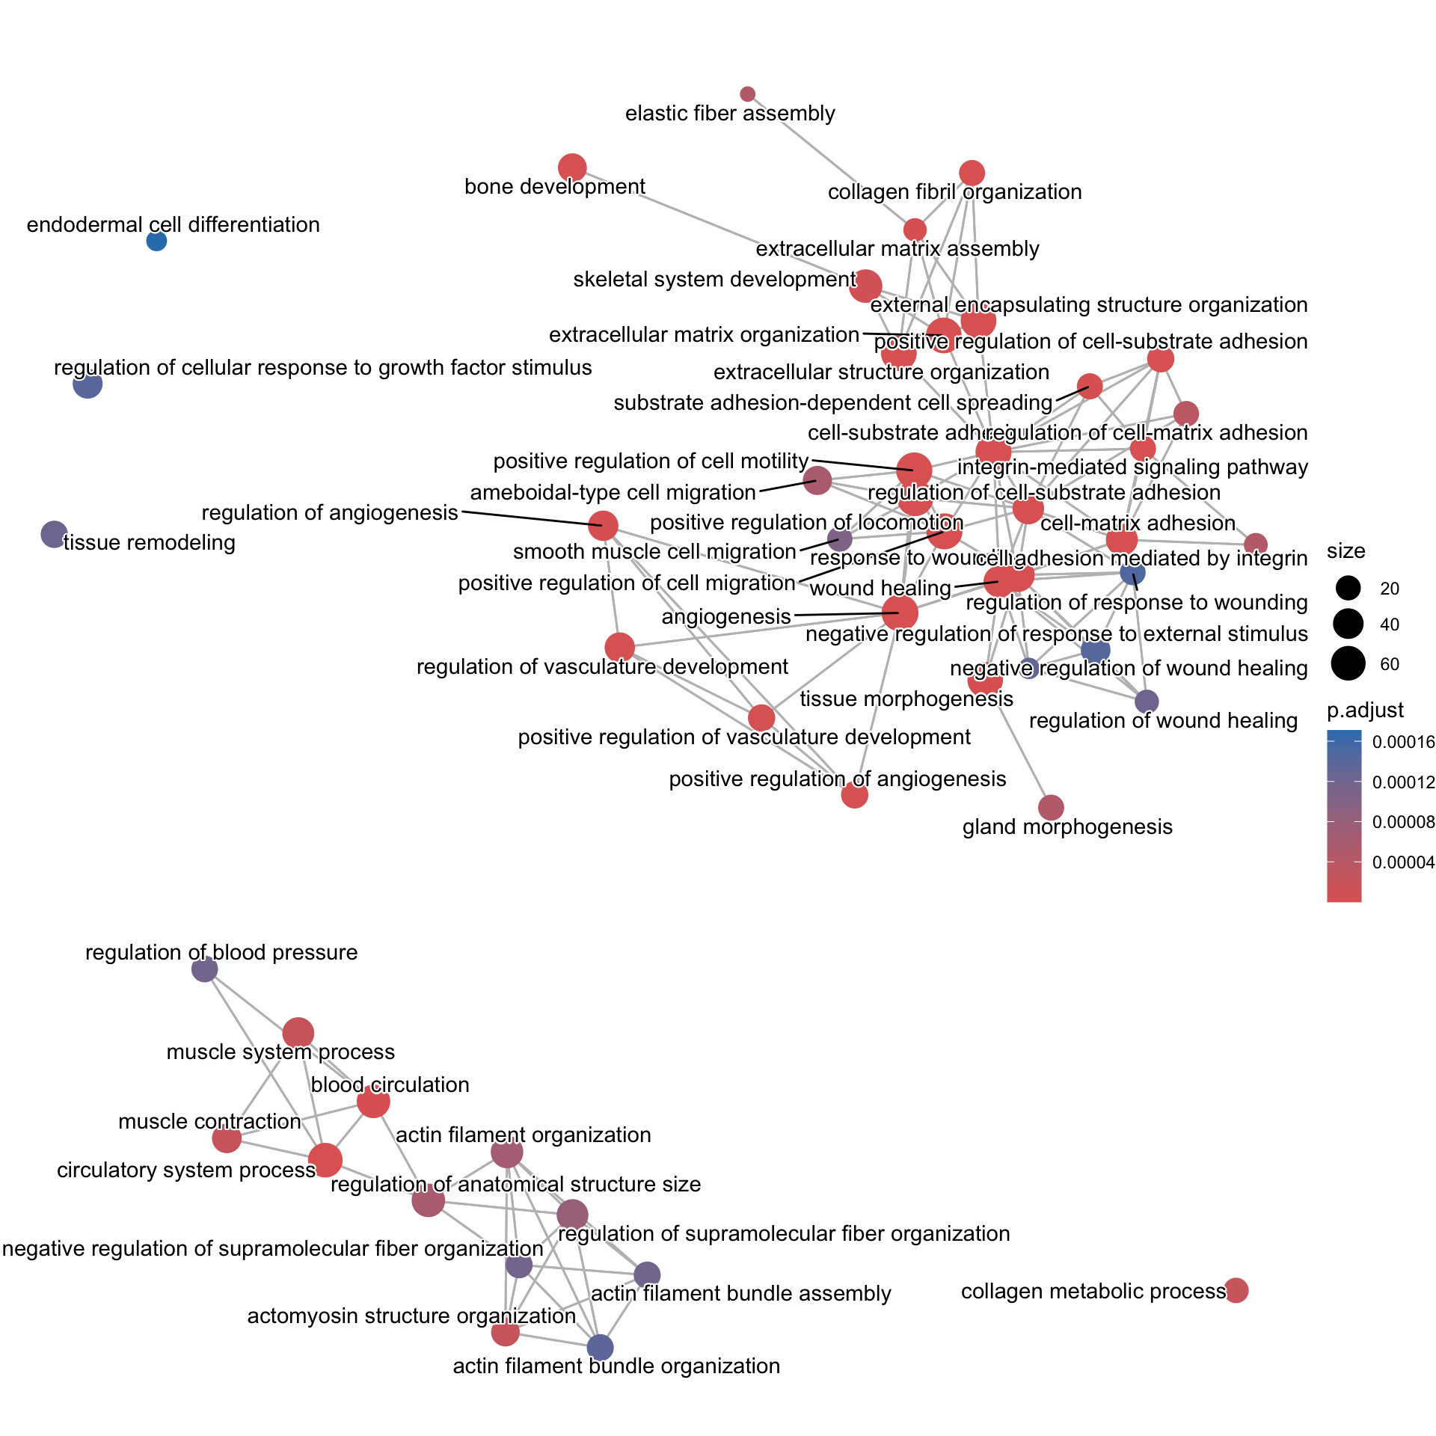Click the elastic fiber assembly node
(x=747, y=93)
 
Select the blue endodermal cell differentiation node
(x=156, y=241)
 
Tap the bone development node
(x=572, y=168)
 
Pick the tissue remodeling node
(x=54, y=534)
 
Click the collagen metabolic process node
(x=1236, y=1290)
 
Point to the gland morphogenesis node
(x=1051, y=807)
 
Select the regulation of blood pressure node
(x=205, y=969)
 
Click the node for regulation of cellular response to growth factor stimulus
(x=88, y=384)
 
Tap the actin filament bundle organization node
(x=600, y=1347)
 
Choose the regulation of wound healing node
(x=1147, y=702)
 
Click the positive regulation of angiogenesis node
(x=854, y=795)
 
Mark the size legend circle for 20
(x=1348, y=589)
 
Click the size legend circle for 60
(x=1348, y=664)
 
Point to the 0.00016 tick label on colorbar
(x=1404, y=742)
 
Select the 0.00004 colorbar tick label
(x=1404, y=862)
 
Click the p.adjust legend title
(x=1365, y=710)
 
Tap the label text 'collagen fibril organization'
(x=954, y=192)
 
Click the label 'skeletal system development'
(x=714, y=280)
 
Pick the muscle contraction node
(x=227, y=1139)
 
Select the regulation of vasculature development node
(x=619, y=647)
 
